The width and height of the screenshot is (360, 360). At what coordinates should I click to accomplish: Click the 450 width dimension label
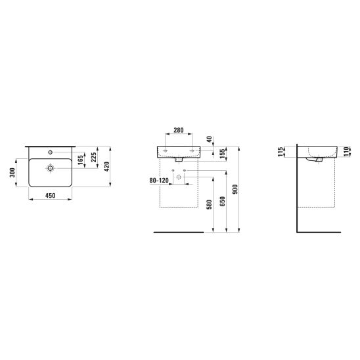coord(51,196)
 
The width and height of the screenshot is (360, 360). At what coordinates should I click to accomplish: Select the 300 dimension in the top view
coord(12,172)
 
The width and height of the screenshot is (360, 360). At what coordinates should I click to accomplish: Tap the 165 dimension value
coord(80,160)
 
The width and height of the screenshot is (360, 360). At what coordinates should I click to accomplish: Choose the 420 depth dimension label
coord(107,167)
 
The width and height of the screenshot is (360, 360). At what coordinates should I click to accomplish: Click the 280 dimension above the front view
coord(179,130)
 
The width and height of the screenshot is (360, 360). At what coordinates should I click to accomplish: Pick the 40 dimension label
coord(210,139)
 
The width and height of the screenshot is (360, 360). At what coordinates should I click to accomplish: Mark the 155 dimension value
coord(223,154)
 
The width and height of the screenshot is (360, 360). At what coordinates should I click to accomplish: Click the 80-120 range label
coord(159,181)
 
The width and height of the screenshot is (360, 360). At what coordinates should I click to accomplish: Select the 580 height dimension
coord(209,204)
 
